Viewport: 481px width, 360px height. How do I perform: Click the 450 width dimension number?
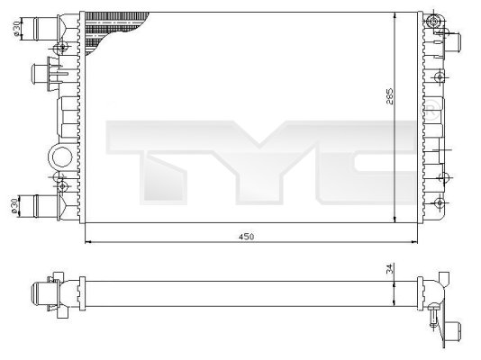(x=246, y=237)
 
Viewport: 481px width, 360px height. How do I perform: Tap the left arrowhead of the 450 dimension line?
(x=86, y=241)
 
